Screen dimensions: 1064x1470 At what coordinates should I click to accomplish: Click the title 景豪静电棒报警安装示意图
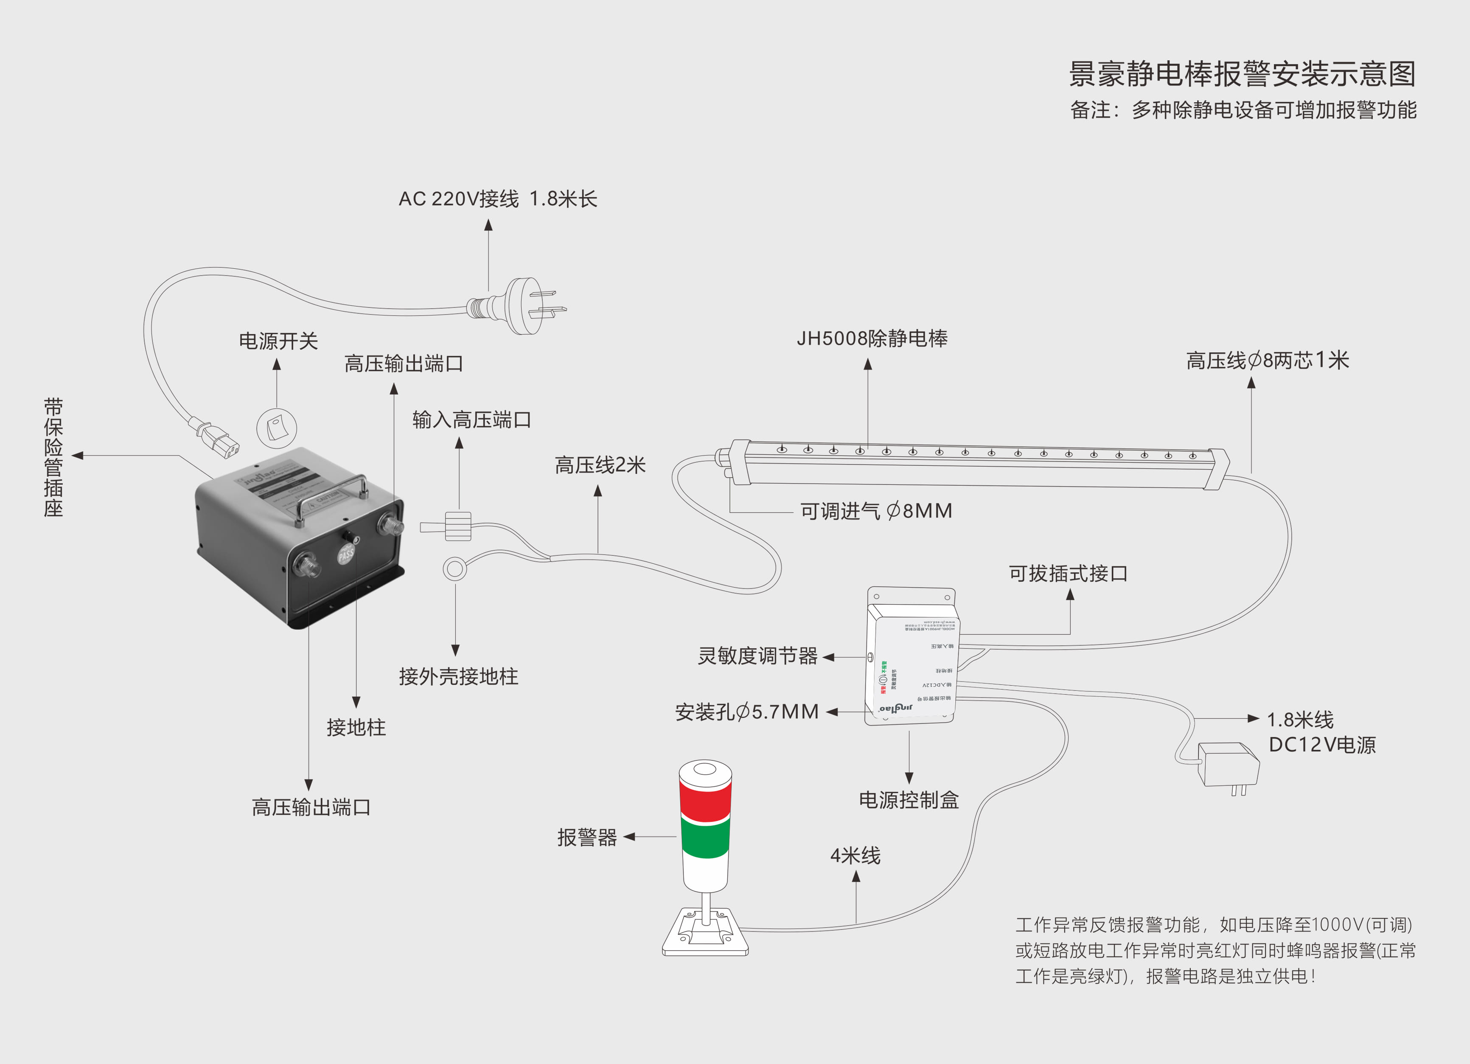1242,74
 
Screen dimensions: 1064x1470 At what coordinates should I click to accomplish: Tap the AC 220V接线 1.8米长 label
497,198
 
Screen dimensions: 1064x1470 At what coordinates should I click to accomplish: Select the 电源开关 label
278,341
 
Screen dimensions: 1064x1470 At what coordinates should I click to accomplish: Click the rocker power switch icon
277,428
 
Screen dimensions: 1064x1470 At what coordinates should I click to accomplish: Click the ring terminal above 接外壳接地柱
455,569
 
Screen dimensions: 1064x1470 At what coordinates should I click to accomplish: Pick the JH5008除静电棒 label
872,338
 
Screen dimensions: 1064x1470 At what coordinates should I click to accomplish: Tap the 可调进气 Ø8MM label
875,511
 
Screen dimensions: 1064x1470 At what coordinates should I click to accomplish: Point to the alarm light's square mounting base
705,934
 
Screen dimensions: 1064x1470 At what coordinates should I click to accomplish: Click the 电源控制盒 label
908,800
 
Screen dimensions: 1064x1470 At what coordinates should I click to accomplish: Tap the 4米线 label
855,856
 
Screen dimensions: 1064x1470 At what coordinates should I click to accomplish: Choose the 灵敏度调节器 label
757,656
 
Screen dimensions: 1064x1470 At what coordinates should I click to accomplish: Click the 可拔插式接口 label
1068,574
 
